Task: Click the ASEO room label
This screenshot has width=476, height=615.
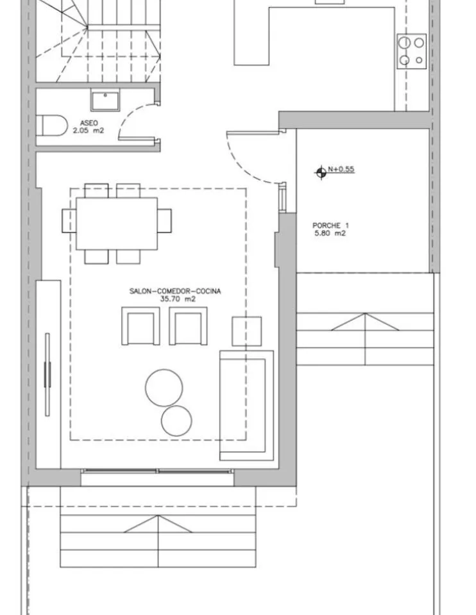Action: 89,123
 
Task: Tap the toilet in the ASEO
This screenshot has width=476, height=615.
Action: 52,126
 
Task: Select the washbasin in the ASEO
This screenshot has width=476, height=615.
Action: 105,101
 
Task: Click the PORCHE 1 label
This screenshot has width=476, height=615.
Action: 330,225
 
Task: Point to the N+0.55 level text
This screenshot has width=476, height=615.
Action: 341,169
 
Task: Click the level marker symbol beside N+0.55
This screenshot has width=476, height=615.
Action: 321,172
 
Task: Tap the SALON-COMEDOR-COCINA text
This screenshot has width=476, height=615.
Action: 175,291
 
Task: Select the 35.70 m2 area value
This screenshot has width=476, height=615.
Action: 178,299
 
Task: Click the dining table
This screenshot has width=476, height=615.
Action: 117,224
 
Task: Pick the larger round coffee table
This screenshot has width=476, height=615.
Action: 164,388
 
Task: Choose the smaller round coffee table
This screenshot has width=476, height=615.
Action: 176,421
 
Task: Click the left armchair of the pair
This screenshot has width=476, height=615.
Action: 140,326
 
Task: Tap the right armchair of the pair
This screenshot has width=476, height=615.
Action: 188,326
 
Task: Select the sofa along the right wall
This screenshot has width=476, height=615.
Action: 246,405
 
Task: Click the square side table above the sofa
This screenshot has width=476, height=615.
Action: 246,331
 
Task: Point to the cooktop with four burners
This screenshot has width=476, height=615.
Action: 412,51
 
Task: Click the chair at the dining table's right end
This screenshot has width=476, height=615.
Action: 165,220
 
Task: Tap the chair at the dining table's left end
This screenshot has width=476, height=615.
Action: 69,220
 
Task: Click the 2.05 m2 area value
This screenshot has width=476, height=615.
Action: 89,130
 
